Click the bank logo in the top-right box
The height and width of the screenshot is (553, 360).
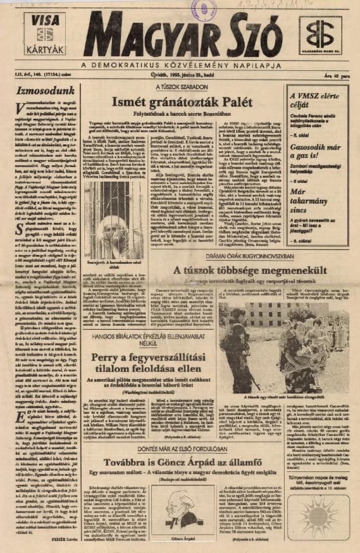320,35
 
